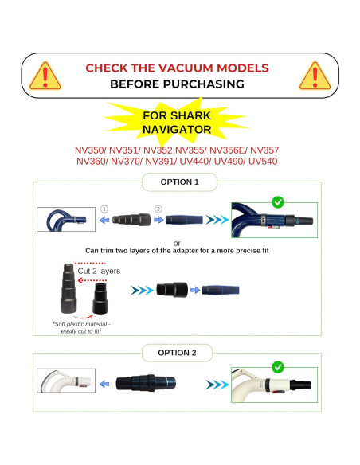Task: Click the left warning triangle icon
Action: [45, 76]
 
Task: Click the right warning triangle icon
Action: [314, 76]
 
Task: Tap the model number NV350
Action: [90, 150]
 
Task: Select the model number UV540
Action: [264, 162]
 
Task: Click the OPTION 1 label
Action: [179, 182]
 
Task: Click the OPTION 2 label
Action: [179, 353]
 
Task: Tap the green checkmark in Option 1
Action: [277, 202]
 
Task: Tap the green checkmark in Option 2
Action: [277, 367]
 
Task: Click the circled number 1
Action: [103, 210]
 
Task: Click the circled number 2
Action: [158, 210]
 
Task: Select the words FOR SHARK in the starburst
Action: [177, 115]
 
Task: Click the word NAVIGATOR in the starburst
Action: [177, 128]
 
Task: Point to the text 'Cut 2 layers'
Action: [99, 271]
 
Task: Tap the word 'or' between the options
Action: [177, 243]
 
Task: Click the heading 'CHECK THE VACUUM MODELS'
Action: [177, 68]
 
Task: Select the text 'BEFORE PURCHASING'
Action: [177, 83]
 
